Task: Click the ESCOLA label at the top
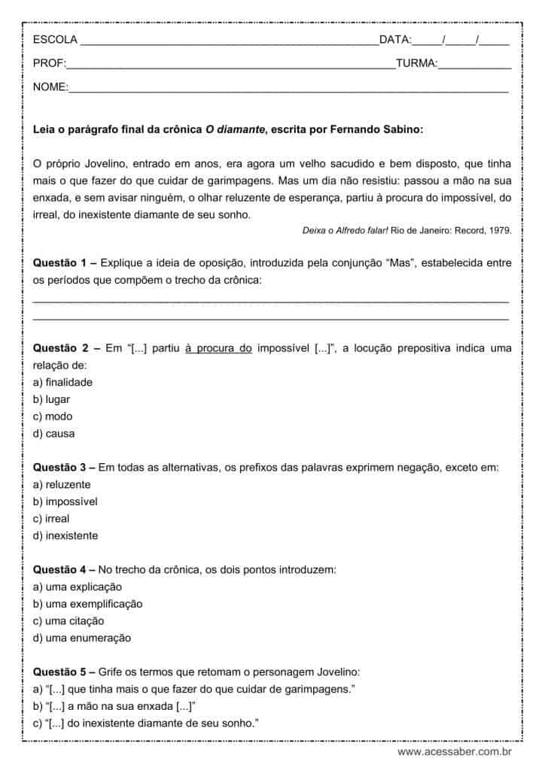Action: (55, 39)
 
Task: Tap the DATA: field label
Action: (395, 39)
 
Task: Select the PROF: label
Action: (50, 64)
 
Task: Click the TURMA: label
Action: (416, 64)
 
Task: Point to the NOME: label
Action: (50, 88)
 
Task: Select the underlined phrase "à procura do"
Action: (218, 348)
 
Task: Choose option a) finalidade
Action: (62, 382)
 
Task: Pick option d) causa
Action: (53, 433)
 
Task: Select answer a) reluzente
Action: (62, 484)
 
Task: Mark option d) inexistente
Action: (65, 536)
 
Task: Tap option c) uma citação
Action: (69, 621)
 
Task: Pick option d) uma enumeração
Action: (82, 638)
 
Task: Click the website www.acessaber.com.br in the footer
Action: (455, 751)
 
